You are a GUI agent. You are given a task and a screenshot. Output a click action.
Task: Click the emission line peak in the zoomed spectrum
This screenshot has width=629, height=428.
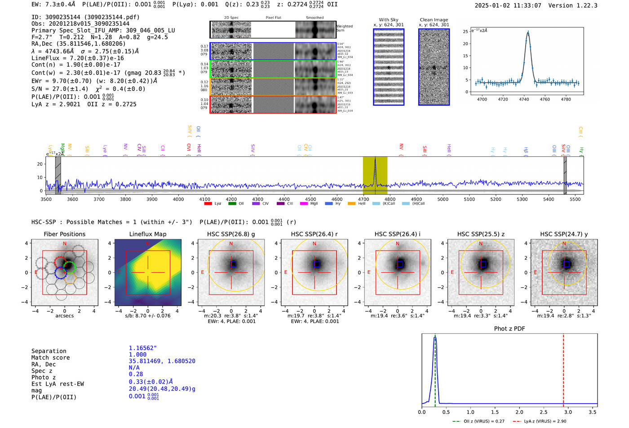click(528, 32)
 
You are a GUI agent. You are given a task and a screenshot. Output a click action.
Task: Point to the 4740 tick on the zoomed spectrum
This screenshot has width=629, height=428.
click(524, 99)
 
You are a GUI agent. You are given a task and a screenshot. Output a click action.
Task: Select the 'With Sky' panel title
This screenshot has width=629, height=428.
click(389, 20)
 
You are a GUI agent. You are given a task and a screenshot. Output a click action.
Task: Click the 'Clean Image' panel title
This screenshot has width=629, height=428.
click(434, 20)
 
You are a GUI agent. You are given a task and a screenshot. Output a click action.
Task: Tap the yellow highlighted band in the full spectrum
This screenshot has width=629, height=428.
click(375, 175)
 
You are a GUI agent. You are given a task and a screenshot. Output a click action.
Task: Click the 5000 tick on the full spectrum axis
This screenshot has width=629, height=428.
click(443, 199)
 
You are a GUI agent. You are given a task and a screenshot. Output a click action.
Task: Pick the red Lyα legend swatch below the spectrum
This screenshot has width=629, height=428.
click(208, 204)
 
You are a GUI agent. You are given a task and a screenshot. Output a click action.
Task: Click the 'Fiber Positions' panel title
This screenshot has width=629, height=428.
click(64, 234)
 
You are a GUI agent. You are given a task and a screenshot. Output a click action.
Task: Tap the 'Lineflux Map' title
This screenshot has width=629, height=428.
click(148, 234)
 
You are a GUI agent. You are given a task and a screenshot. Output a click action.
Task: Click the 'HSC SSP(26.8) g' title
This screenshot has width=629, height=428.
click(231, 234)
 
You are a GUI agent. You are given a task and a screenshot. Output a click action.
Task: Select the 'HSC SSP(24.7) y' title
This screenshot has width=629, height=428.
click(564, 234)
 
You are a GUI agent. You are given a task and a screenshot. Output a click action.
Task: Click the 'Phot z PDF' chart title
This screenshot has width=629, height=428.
click(509, 329)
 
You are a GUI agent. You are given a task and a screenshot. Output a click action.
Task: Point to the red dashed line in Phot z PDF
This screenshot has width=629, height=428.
click(563, 368)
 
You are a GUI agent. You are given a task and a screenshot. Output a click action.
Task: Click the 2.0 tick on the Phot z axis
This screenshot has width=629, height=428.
click(519, 412)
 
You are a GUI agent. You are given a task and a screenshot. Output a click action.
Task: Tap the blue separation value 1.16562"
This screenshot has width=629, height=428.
click(143, 348)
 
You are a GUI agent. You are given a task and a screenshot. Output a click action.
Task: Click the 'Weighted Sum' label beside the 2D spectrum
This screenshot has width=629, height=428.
click(344, 28)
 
